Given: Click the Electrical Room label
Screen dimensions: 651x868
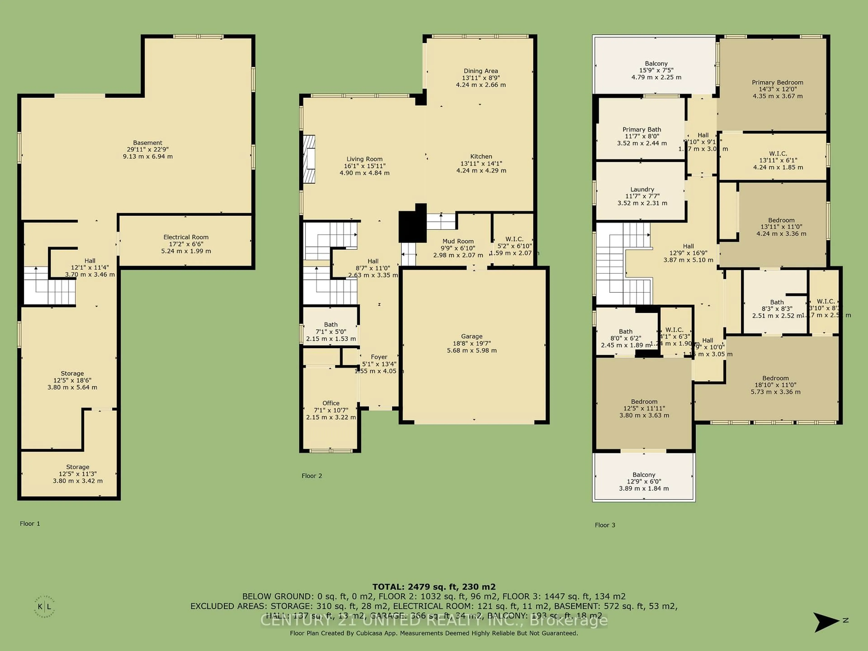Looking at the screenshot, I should tap(186, 237).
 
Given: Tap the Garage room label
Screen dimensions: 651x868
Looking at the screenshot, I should tap(472, 336).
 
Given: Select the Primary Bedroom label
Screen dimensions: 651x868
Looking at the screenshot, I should tap(777, 83).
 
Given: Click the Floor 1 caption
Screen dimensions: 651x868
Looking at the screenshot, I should tap(30, 524).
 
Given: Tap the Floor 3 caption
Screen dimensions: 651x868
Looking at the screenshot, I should tap(605, 525).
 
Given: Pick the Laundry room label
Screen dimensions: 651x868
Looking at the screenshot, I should tap(642, 189).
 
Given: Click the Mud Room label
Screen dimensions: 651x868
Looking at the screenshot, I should tap(458, 241).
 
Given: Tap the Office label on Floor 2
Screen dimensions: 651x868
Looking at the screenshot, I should tap(331, 403).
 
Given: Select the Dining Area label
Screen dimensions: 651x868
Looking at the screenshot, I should tap(481, 71).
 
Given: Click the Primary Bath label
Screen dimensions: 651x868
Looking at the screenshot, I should tap(642, 130).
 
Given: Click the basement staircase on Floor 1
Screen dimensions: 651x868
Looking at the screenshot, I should tap(49, 286).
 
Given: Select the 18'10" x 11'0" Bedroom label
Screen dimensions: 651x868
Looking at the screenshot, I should tap(775, 378).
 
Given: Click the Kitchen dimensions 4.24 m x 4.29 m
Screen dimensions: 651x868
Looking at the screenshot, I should tap(481, 171).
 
